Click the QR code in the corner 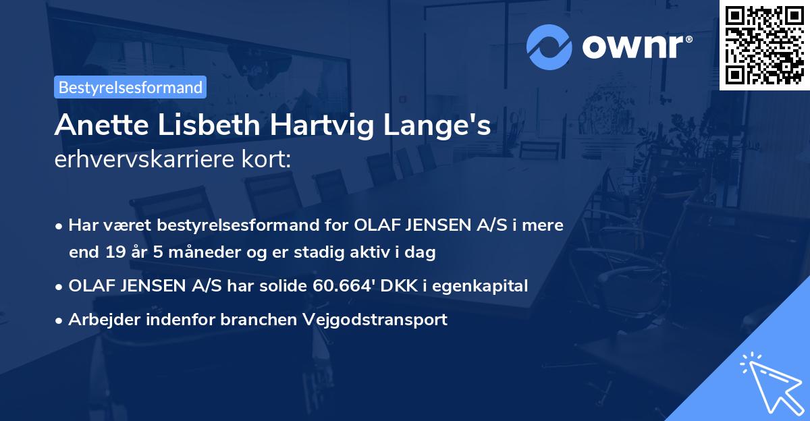(x=764, y=45)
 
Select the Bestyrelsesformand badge (x=130, y=87)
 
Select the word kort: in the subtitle (x=269, y=160)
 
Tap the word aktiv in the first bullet (x=379, y=252)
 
